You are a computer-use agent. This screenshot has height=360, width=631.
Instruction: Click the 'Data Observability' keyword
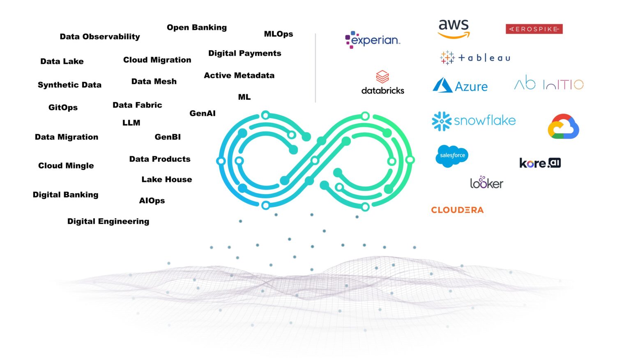pyautogui.click(x=100, y=37)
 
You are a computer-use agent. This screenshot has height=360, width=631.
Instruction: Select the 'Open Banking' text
pyautogui.click(x=196, y=28)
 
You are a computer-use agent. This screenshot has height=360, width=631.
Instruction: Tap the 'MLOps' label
pyautogui.click(x=278, y=34)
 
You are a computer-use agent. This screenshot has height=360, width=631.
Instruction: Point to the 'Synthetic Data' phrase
pyautogui.click(x=69, y=85)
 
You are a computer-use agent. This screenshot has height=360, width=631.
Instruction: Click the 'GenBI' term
pyautogui.click(x=168, y=137)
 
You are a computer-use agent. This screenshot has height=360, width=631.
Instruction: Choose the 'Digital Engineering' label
pyautogui.click(x=108, y=221)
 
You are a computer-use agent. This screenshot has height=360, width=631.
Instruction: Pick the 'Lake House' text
pyautogui.click(x=166, y=179)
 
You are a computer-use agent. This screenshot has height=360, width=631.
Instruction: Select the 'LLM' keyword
pyautogui.click(x=131, y=123)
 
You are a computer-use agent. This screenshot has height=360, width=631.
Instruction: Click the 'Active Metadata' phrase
pyautogui.click(x=239, y=76)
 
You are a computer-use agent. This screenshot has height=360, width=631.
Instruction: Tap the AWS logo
pyautogui.click(x=454, y=28)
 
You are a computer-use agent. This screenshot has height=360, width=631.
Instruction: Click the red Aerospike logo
pyautogui.click(x=534, y=29)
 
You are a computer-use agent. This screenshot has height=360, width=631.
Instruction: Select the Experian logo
pyautogui.click(x=372, y=40)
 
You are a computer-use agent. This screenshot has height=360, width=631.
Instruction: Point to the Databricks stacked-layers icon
pyautogui.click(x=382, y=77)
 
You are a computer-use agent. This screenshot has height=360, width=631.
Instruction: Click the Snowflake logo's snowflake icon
pyautogui.click(x=442, y=121)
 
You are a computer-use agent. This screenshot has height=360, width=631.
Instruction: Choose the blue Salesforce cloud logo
pyautogui.click(x=451, y=156)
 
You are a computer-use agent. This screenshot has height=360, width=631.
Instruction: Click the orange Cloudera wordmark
pyautogui.click(x=457, y=210)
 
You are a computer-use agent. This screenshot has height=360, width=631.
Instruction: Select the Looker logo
pyautogui.click(x=486, y=183)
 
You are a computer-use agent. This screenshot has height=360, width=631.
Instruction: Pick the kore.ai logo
pyautogui.click(x=540, y=163)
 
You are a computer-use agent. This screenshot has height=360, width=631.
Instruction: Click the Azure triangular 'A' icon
pyautogui.click(x=442, y=85)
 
